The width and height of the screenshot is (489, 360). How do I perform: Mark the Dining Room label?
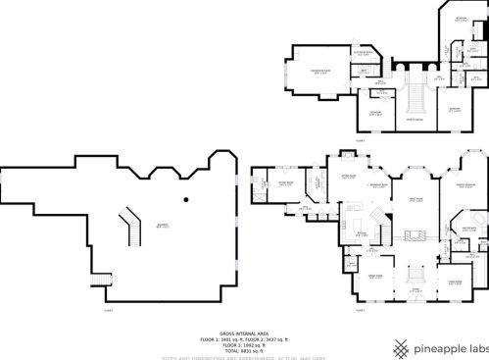pos(374,276)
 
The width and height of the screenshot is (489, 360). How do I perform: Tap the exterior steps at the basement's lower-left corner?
pos(96,282)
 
